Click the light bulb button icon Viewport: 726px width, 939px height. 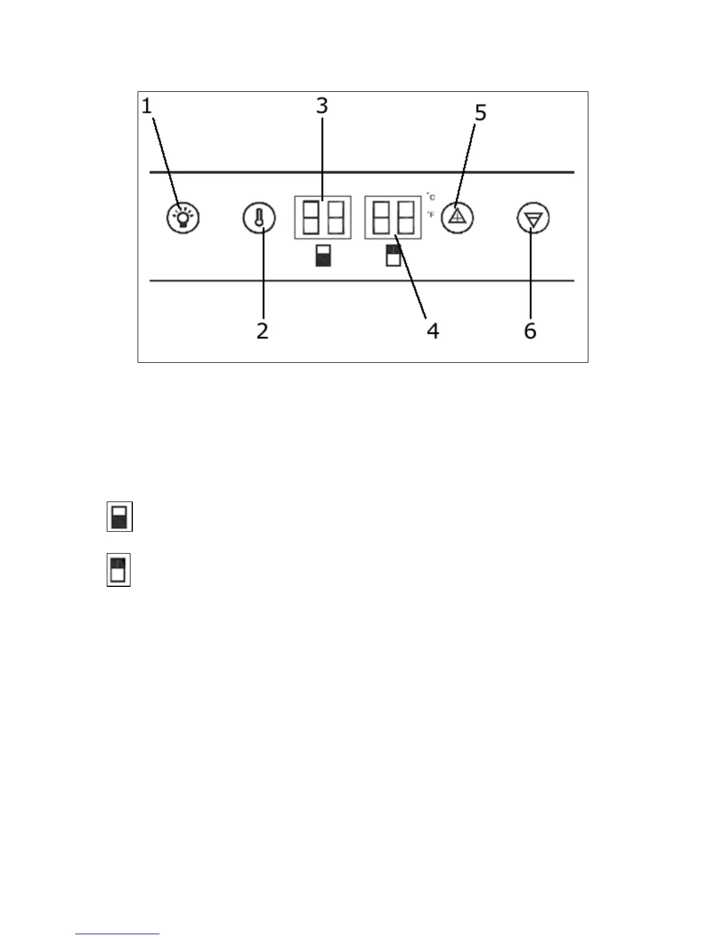pos(183,218)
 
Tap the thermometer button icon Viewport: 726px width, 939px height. pos(259,218)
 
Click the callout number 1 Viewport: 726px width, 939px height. pos(147,106)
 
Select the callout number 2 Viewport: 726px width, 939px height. pos(262,330)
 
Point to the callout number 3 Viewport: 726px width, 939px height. pos(321,106)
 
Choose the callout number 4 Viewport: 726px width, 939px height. pos(433,330)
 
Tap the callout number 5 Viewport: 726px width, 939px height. pos(480,112)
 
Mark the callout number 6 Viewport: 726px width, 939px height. pos(530,330)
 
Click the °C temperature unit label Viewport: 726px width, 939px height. pos(431,197)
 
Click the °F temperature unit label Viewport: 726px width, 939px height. pos(431,215)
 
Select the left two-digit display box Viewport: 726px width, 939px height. pos(323,218)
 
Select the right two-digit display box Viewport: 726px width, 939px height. pos(393,218)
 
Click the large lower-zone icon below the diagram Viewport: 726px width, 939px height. pos(120,517)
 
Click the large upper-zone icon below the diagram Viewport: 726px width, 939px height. pos(119,570)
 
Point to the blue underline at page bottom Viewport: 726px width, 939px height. pos(117,934)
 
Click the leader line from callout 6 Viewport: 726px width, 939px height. pos(531,273)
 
